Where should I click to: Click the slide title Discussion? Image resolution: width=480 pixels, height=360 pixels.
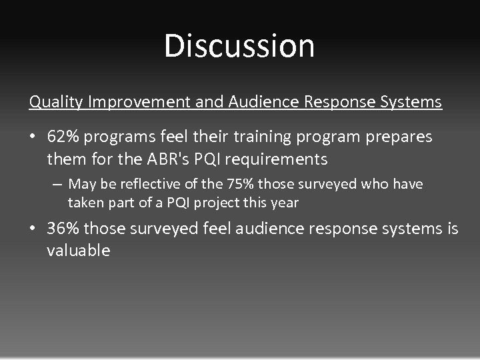pos(239,45)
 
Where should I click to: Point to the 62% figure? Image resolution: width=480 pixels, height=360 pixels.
pos(62,137)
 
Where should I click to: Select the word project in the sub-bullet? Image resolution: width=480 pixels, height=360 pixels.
pos(225,203)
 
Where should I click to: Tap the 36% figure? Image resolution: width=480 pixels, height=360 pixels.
pos(62,229)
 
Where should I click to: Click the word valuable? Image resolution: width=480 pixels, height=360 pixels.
pos(78,251)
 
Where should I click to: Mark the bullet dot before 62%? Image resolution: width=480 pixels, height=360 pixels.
pos(34,137)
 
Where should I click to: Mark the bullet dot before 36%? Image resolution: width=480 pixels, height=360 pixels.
pos(34,229)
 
